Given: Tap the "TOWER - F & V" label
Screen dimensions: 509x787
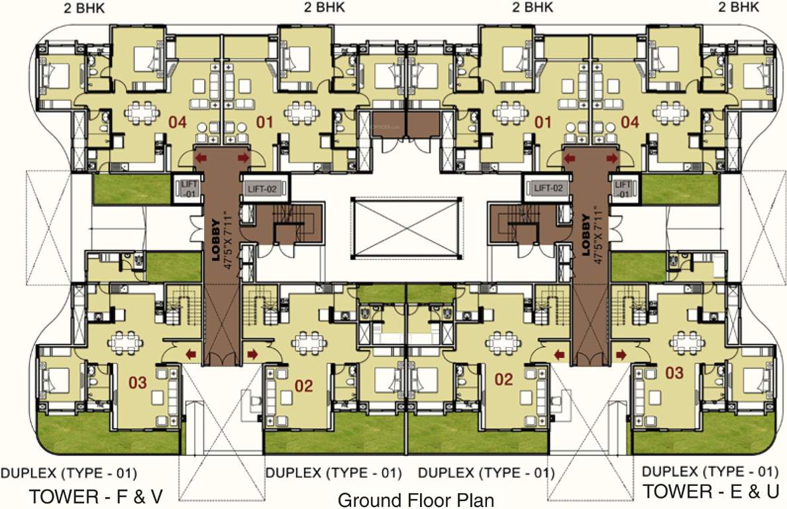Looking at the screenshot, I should click(95, 496).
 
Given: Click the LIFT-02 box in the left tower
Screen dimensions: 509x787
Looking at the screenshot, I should click(262, 189).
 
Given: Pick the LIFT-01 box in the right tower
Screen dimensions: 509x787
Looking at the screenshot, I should click(622, 189).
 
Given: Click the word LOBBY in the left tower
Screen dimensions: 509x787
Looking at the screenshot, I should click(215, 243).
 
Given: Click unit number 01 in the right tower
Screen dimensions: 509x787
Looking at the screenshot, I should click(543, 122).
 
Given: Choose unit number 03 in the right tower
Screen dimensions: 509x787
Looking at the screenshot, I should click(674, 373).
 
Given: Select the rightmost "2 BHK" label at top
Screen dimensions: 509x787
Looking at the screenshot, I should click(738, 8).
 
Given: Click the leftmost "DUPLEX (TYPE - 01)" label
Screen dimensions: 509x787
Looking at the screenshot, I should click(69, 473).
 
